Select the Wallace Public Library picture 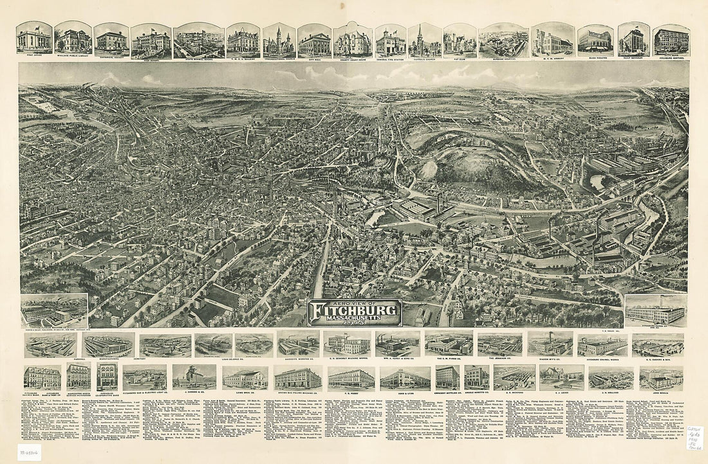pyautogui.click(x=73, y=40)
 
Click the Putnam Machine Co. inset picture pyautogui.click(x=54, y=311)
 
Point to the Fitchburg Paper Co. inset pyautogui.click(x=655, y=311)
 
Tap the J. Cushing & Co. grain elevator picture pyautogui.click(x=194, y=377)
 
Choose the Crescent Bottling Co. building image pyautogui.click(x=447, y=377)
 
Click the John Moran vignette pyautogui.click(x=661, y=378)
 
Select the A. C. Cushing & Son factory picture pyautogui.click(x=658, y=344)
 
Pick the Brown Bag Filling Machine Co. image pyautogui.click(x=297, y=378)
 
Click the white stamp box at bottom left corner pyautogui.click(x=29, y=452)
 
